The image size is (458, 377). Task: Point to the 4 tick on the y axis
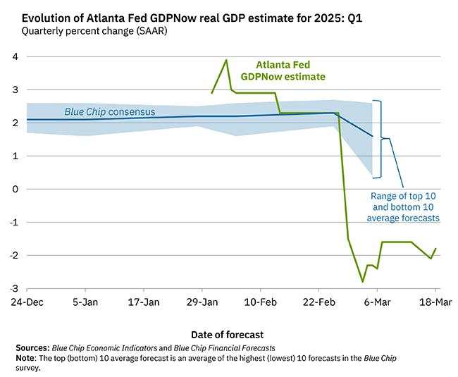[x=14, y=57]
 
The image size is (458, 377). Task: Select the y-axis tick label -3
[x=13, y=288]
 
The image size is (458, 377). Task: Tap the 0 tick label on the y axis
[x=14, y=189]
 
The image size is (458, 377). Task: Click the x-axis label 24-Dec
[x=27, y=301]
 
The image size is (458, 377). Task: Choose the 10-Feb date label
[x=260, y=301]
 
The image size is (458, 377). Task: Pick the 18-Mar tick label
[x=435, y=301]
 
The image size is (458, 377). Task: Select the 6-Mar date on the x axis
[x=377, y=301]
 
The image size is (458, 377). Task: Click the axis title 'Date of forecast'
[x=228, y=333]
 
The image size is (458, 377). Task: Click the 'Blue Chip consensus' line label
[x=110, y=111]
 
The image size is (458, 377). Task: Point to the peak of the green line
[x=226, y=60]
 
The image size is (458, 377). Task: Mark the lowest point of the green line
[x=363, y=282]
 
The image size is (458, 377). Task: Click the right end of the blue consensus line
[x=373, y=136]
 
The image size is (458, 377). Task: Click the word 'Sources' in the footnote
[x=32, y=348]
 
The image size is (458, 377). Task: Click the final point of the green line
[x=435, y=249]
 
